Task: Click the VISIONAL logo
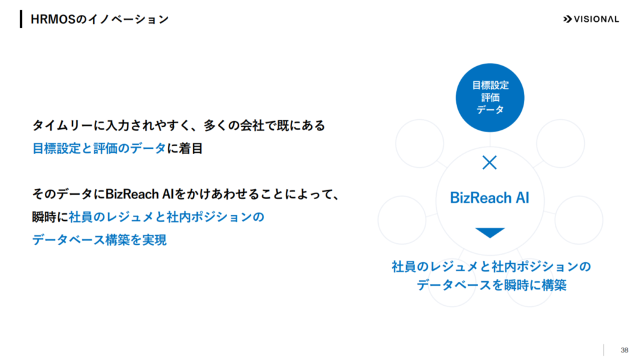tap(591, 19)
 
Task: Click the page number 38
tap(624, 350)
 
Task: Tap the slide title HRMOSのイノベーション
tap(99, 19)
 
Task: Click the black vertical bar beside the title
tap(21, 19)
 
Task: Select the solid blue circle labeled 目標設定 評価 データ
tap(490, 98)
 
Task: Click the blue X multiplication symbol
tap(489, 162)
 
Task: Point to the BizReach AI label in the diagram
tap(489, 198)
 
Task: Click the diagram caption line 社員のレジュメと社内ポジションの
tap(491, 267)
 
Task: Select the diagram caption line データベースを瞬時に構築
tap(491, 285)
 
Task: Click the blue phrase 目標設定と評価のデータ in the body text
tap(99, 148)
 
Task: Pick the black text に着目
tap(185, 148)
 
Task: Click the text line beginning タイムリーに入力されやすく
tap(178, 125)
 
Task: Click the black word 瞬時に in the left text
tap(51, 217)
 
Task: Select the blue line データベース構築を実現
tap(99, 240)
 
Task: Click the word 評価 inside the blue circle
tap(490, 98)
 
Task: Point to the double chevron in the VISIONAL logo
tap(567, 19)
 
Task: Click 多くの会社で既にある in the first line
tap(264, 125)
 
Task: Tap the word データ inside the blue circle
tap(490, 110)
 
